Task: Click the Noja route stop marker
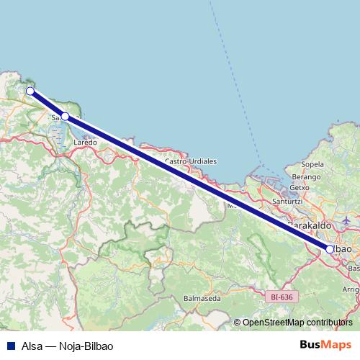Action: (x=30, y=91)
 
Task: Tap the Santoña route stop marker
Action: (x=65, y=116)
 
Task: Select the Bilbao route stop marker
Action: (x=330, y=249)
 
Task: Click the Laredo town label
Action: (x=86, y=143)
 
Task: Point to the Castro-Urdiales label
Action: (x=191, y=162)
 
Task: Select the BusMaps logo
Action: (x=326, y=344)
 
